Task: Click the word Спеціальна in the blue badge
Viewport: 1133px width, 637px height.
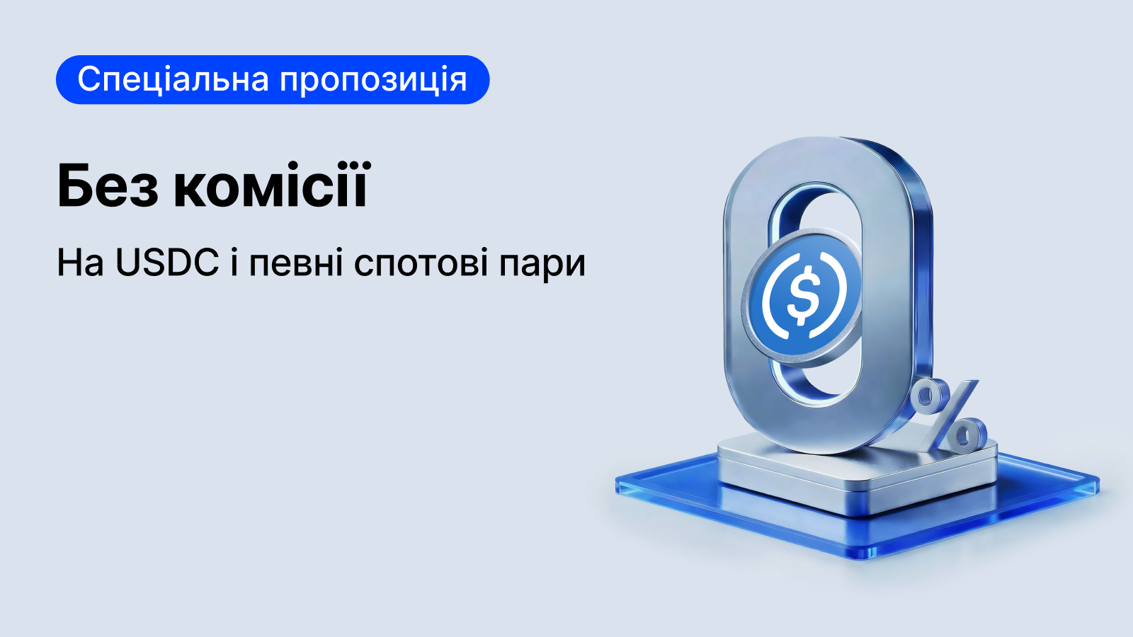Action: [x=173, y=80]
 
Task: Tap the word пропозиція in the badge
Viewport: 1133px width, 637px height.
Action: [x=373, y=80]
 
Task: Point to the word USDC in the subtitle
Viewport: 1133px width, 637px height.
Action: [x=167, y=263]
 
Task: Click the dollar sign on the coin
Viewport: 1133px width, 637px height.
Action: [x=803, y=295]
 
